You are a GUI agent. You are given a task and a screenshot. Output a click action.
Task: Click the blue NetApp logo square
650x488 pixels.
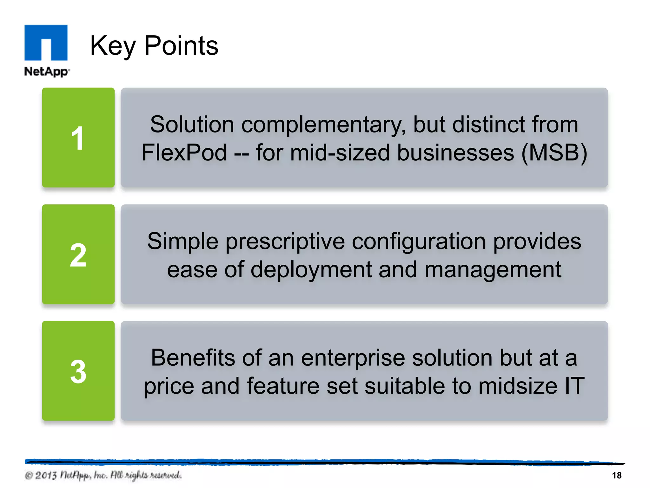tap(46, 42)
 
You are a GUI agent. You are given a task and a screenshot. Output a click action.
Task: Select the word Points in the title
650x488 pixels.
tap(181, 46)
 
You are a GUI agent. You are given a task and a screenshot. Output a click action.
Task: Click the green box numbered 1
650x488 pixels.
tap(78, 138)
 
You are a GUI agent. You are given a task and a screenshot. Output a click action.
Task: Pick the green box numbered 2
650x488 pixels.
tap(78, 254)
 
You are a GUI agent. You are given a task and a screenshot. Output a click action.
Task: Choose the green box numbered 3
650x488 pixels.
tap(78, 371)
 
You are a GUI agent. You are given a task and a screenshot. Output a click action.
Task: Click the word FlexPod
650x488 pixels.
tap(184, 153)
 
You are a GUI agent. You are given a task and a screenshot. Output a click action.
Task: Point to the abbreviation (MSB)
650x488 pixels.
tap(554, 153)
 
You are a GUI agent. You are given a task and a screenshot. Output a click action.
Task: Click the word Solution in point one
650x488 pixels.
tap(192, 124)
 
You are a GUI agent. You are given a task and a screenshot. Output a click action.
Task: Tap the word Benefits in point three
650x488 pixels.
tap(193, 358)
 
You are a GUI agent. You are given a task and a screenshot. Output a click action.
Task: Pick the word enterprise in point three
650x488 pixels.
tap(353, 358)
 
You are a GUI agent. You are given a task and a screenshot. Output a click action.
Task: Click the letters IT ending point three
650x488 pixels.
tap(574, 386)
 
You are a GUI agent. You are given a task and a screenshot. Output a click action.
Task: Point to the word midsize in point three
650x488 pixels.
tap(518, 386)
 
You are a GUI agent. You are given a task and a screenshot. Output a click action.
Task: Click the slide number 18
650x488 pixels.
tap(616, 475)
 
